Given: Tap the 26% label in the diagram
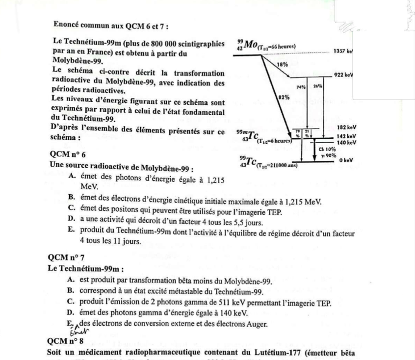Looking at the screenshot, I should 317,86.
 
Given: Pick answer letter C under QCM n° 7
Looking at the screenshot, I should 71,303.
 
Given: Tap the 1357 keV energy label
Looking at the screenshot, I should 342,51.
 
